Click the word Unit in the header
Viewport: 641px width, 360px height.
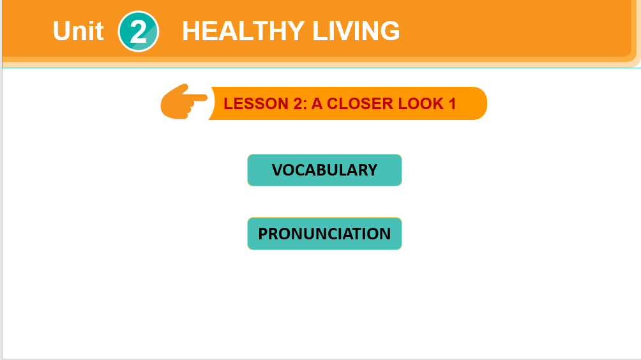[78, 31]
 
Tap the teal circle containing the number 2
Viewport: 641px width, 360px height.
[138, 31]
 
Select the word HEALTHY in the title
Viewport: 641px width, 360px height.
[243, 31]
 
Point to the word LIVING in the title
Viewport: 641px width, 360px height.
[356, 31]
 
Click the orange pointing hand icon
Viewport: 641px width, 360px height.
[184, 101]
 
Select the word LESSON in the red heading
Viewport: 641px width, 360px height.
[256, 104]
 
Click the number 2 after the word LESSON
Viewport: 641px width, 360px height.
[298, 104]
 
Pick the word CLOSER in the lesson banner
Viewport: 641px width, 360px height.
[360, 104]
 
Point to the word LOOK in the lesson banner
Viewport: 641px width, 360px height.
[421, 104]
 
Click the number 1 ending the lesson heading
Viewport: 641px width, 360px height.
[452, 104]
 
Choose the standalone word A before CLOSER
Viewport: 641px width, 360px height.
[317, 104]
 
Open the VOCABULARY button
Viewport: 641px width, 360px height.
[324, 170]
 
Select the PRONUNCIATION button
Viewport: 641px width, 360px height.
[324, 234]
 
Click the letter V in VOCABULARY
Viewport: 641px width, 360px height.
[277, 170]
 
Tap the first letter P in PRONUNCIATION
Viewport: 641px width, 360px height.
[263, 234]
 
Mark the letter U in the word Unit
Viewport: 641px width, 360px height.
[62, 31]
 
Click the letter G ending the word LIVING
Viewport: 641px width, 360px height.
[390, 31]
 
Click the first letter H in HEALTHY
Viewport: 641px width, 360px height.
[191, 31]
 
